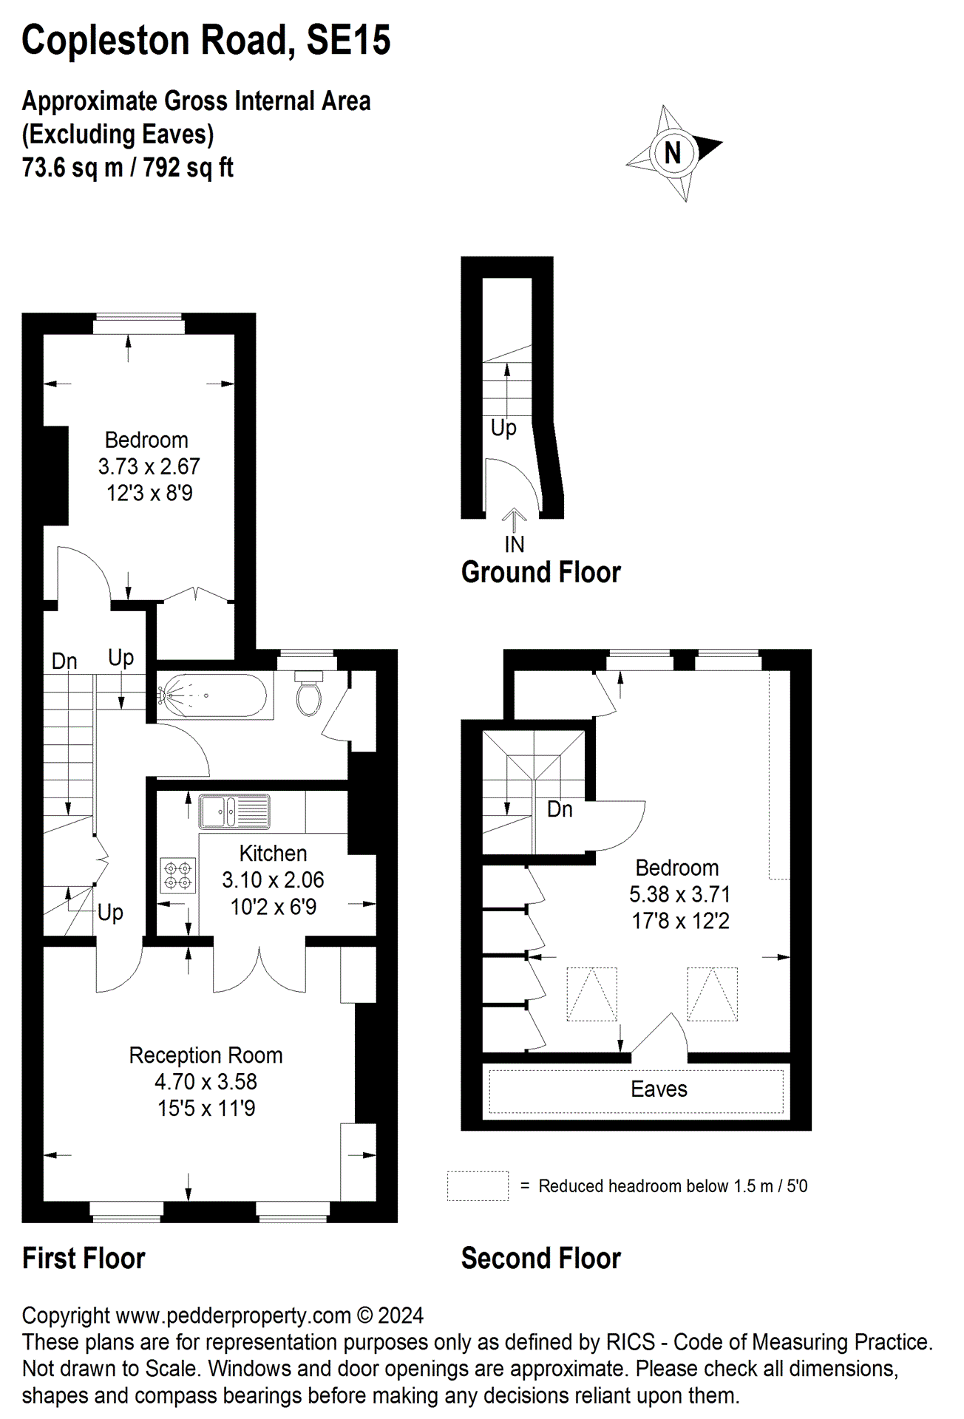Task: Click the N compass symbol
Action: (x=673, y=153)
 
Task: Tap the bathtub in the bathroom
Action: (x=214, y=695)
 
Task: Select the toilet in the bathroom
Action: (x=309, y=695)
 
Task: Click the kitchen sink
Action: (x=234, y=811)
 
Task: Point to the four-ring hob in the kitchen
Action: (x=177, y=875)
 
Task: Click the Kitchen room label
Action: (x=273, y=853)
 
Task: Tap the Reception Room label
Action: (x=206, y=1055)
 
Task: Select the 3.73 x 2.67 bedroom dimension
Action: (x=149, y=466)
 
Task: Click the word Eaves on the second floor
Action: (x=659, y=1089)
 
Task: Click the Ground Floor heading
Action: (x=540, y=572)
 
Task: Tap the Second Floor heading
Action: (x=540, y=1258)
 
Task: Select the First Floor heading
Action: (x=84, y=1258)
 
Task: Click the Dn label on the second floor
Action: (x=560, y=809)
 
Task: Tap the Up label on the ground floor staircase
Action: (x=503, y=427)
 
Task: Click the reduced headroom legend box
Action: (x=478, y=1185)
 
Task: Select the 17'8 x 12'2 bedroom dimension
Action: (x=680, y=921)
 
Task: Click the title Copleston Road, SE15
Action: (x=206, y=40)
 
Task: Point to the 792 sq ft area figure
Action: (x=188, y=168)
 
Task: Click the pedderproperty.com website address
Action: (x=233, y=1315)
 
